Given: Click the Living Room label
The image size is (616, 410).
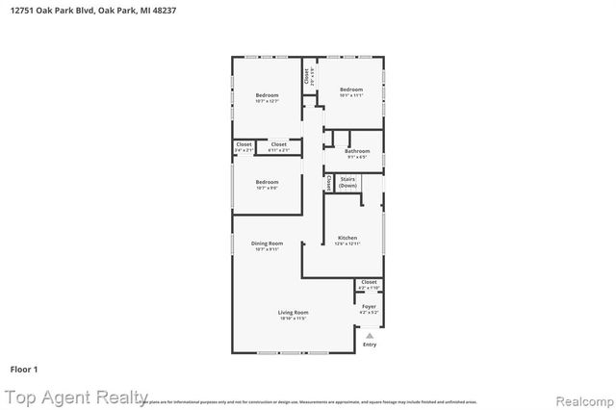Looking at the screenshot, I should (294, 313).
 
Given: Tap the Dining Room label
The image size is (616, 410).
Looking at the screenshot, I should (267, 244).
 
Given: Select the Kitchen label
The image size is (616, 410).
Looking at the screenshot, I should (346, 238).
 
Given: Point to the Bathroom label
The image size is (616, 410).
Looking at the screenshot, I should (357, 151).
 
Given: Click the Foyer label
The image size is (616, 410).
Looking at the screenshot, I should (369, 306).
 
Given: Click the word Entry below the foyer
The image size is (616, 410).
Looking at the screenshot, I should (370, 344).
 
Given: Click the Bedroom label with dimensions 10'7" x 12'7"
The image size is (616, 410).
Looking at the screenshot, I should (267, 95).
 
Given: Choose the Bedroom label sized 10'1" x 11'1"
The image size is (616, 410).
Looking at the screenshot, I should (351, 90).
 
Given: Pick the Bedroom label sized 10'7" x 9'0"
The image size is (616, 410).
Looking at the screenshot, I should (267, 182).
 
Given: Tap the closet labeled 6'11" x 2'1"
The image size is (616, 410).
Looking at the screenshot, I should (278, 144).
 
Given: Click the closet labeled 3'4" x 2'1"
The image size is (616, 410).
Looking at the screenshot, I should (244, 144).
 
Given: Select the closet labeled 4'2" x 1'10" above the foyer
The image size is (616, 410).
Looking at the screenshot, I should (369, 282).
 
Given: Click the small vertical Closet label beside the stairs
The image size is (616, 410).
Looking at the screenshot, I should (329, 181).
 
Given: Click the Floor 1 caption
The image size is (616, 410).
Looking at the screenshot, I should (24, 369).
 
